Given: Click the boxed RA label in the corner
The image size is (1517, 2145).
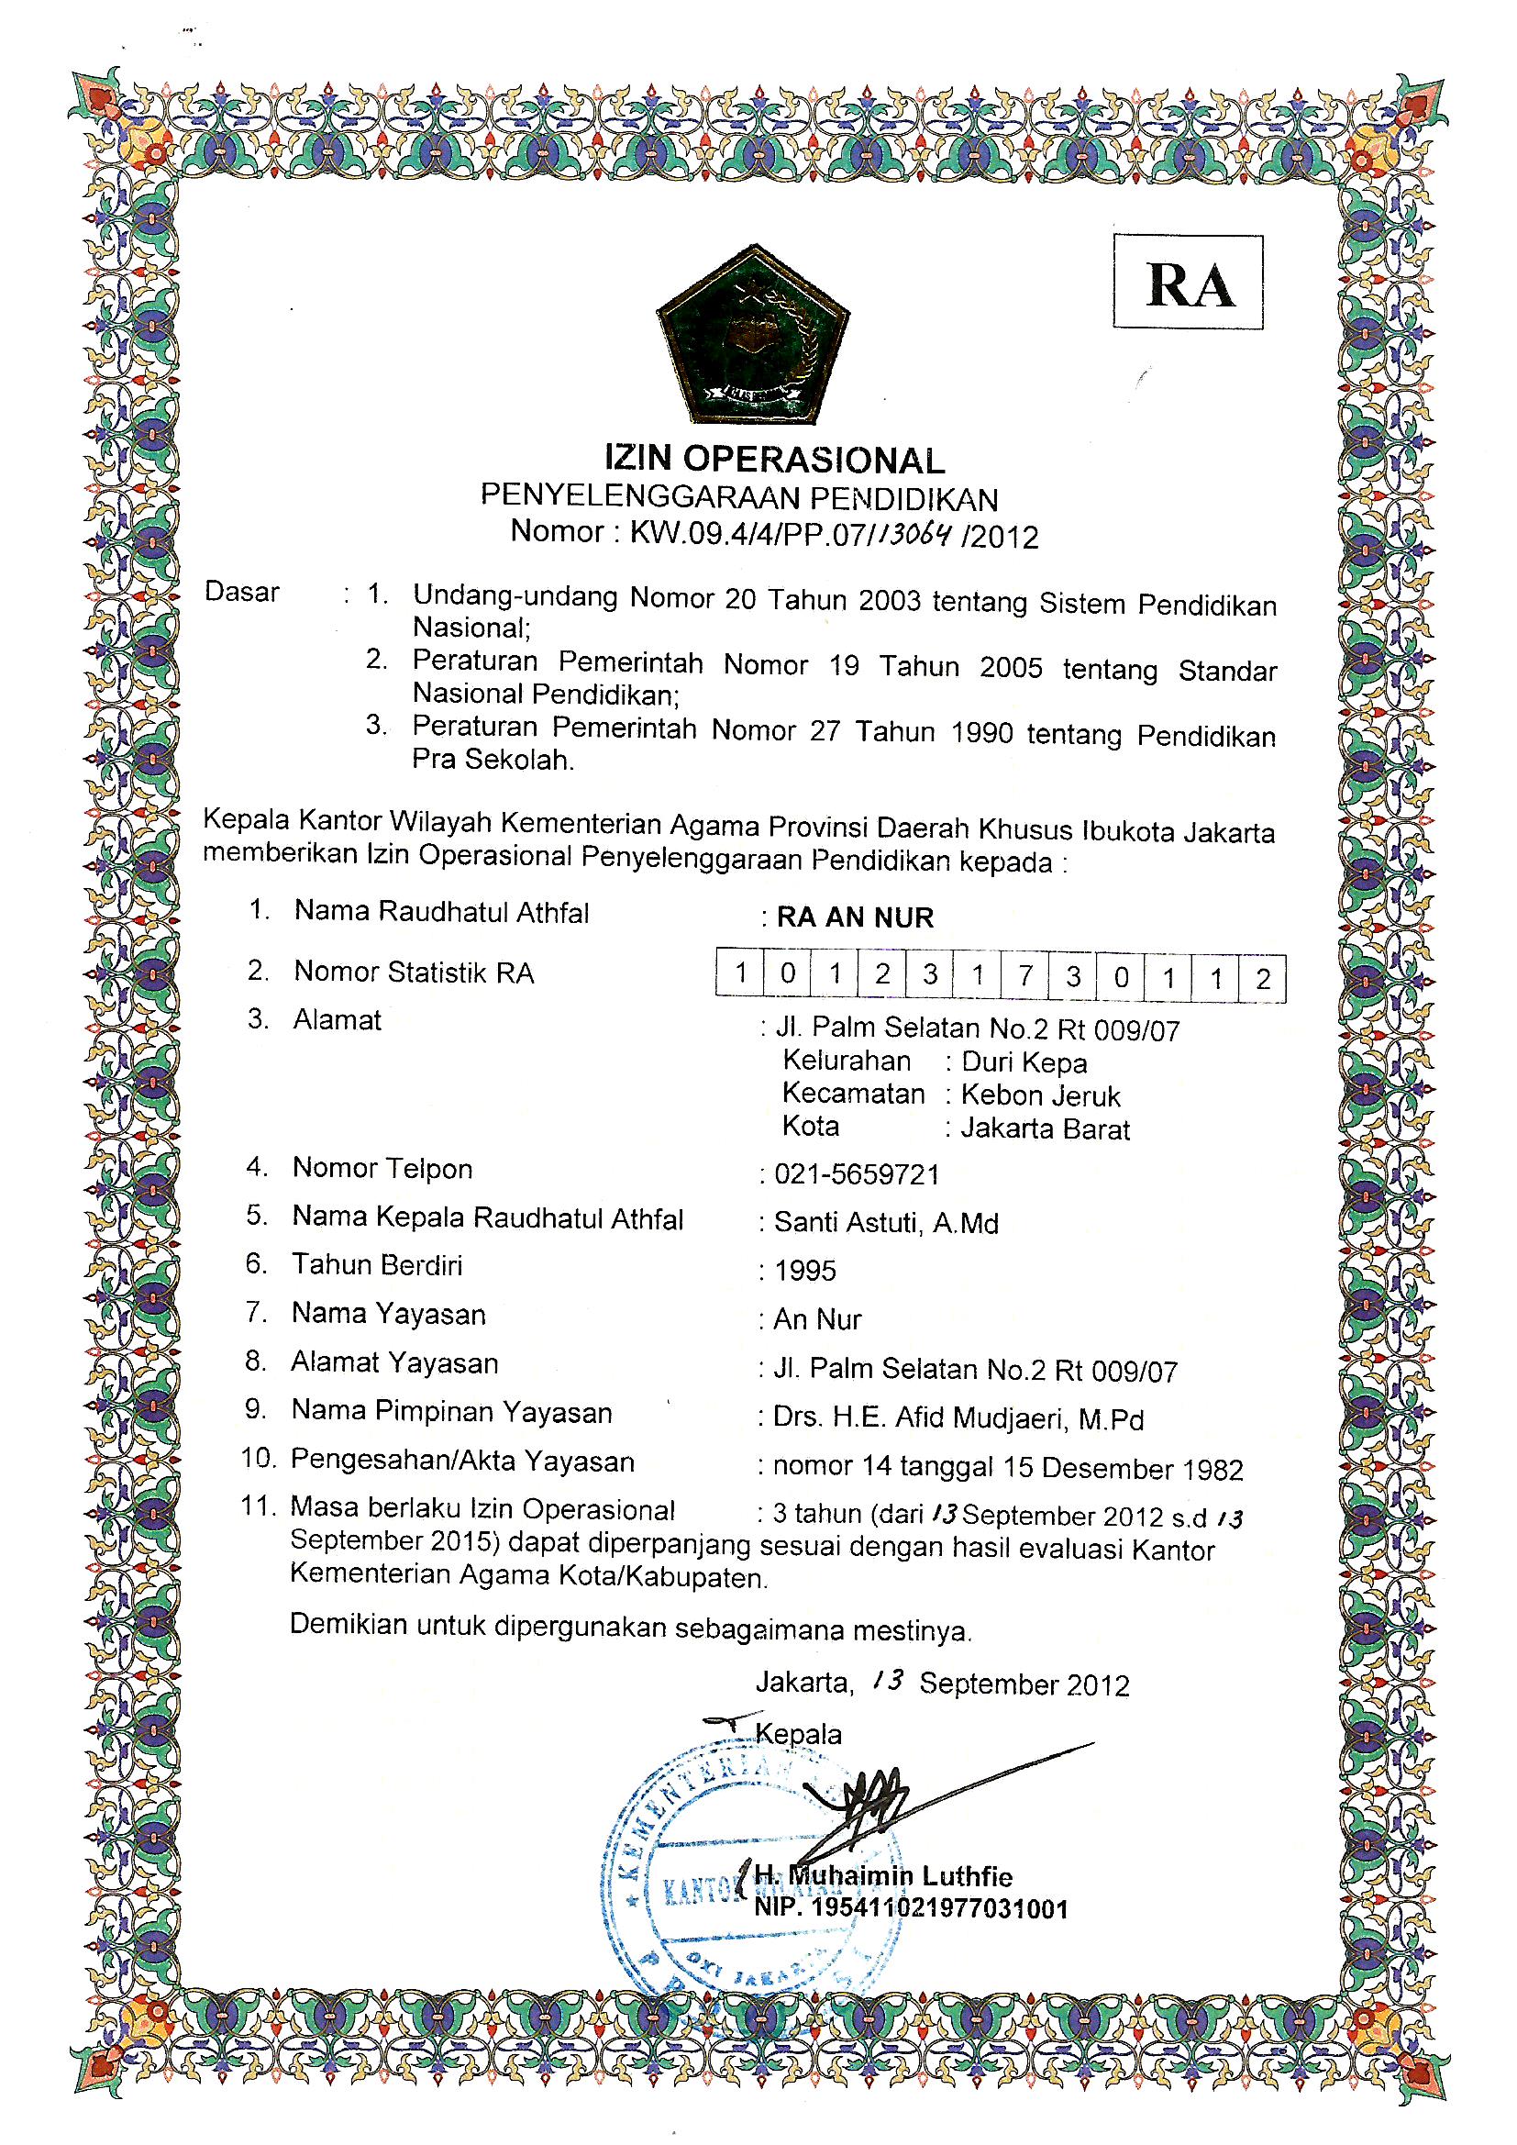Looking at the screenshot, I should coord(1187,283).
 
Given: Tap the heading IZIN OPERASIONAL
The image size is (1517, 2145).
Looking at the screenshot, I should coord(774,459).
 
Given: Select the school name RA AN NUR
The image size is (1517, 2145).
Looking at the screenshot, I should coord(855,917).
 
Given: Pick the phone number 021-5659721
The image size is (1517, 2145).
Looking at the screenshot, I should coord(857,1174).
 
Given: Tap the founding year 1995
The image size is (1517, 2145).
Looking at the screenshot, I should coord(805,1272).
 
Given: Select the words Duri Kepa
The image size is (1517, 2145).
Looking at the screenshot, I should coord(1024,1063).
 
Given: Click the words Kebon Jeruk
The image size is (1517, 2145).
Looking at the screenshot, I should coord(1040,1095).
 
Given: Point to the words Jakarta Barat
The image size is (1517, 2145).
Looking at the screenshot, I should coord(1046,1129).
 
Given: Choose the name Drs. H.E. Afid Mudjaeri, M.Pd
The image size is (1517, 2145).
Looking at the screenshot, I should coord(958,1420).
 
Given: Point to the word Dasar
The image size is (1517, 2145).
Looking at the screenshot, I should coord(242,593).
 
